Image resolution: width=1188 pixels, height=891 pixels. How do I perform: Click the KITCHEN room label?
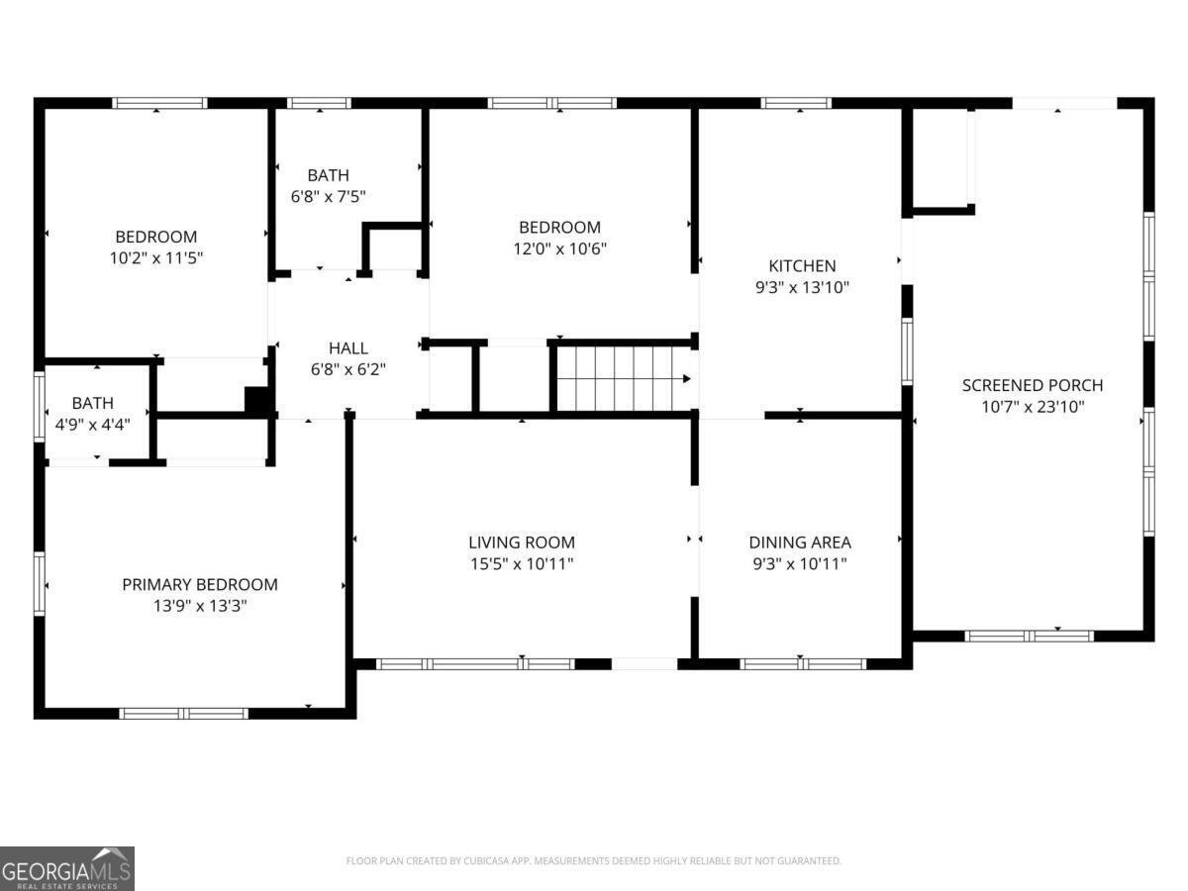tap(802, 265)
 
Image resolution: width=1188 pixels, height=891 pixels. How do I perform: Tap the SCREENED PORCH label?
tap(1033, 385)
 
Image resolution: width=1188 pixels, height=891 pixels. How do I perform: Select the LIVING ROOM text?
tap(521, 543)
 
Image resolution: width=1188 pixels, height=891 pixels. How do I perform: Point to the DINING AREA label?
tap(799, 543)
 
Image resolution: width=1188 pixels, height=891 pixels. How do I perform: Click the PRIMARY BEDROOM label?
tap(199, 584)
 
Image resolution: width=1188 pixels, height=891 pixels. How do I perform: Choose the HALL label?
tap(347, 348)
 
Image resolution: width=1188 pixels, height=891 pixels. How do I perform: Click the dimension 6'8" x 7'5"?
tap(328, 197)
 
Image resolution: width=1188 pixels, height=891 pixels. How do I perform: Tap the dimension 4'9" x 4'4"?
tap(92, 424)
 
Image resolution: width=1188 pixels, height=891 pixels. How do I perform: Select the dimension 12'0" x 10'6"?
tap(559, 248)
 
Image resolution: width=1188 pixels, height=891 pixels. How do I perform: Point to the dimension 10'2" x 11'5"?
tap(155, 257)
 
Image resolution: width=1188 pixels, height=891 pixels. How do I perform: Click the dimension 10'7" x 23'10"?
tap(1033, 407)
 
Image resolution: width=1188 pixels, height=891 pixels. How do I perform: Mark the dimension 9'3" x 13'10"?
tap(802, 287)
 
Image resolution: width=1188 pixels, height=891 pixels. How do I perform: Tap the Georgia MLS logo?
tap(66, 868)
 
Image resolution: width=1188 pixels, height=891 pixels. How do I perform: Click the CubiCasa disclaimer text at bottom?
tap(593, 861)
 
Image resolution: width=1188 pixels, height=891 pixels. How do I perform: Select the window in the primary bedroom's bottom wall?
tap(183, 713)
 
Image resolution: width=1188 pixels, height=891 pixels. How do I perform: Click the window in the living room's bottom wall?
tap(475, 663)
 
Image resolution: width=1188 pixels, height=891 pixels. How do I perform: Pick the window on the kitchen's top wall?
tap(796, 102)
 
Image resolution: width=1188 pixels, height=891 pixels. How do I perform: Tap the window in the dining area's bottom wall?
tap(803, 663)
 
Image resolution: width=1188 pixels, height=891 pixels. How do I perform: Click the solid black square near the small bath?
tap(257, 399)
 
